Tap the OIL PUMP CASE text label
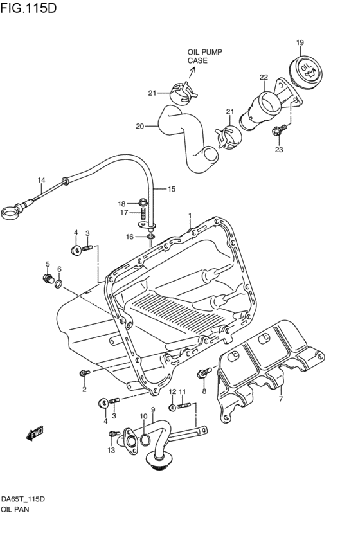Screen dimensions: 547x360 (x=203, y=56)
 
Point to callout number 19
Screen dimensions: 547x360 (x=300, y=43)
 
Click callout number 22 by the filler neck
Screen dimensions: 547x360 (x=263, y=77)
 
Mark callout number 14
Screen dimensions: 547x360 (x=41, y=180)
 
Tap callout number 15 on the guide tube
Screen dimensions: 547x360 (x=172, y=189)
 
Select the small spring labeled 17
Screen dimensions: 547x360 (x=143, y=213)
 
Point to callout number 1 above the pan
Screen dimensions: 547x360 (x=190, y=215)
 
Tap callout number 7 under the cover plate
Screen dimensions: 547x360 (x=280, y=399)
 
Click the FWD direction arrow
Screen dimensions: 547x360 (x=35, y=434)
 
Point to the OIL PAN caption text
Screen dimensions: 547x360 (x=15, y=508)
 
